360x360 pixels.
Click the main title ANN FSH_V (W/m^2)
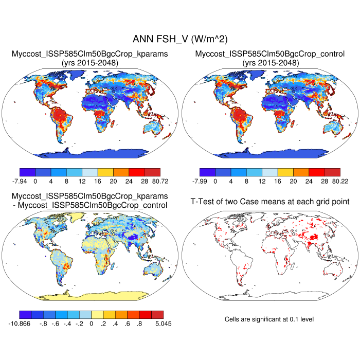(180, 39)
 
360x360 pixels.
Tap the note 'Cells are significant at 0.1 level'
(269, 319)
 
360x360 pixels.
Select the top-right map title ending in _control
(270, 54)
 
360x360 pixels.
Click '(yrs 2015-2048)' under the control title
(270, 63)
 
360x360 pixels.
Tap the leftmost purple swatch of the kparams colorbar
(27, 172)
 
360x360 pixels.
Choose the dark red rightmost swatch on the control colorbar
(332, 172)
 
